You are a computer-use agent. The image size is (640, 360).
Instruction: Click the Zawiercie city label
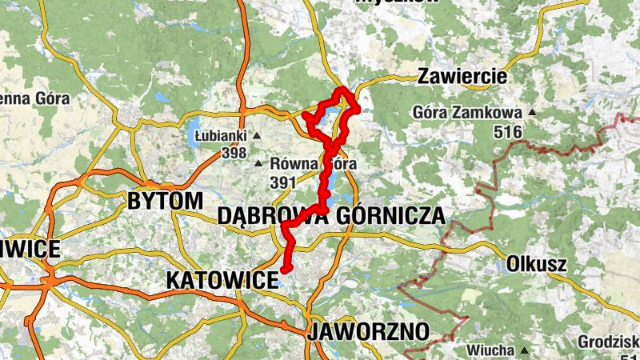click(462, 77)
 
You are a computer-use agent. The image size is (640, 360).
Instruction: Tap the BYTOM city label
click(165, 201)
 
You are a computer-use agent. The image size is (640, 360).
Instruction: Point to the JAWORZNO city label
click(368, 331)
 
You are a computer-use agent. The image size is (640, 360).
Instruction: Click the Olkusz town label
click(537, 263)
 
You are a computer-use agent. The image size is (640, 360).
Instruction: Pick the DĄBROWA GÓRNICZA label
click(330, 215)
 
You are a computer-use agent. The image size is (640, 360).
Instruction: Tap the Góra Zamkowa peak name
click(468, 113)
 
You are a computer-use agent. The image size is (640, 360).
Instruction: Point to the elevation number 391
click(283, 182)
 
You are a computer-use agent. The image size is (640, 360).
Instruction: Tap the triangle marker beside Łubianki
click(257, 136)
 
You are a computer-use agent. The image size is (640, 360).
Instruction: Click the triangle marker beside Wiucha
click(524, 350)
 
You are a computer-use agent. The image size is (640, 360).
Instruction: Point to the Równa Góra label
click(313, 164)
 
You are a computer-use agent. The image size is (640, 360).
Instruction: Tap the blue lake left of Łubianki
click(194, 134)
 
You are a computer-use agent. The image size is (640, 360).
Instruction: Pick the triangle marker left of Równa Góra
click(258, 165)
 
